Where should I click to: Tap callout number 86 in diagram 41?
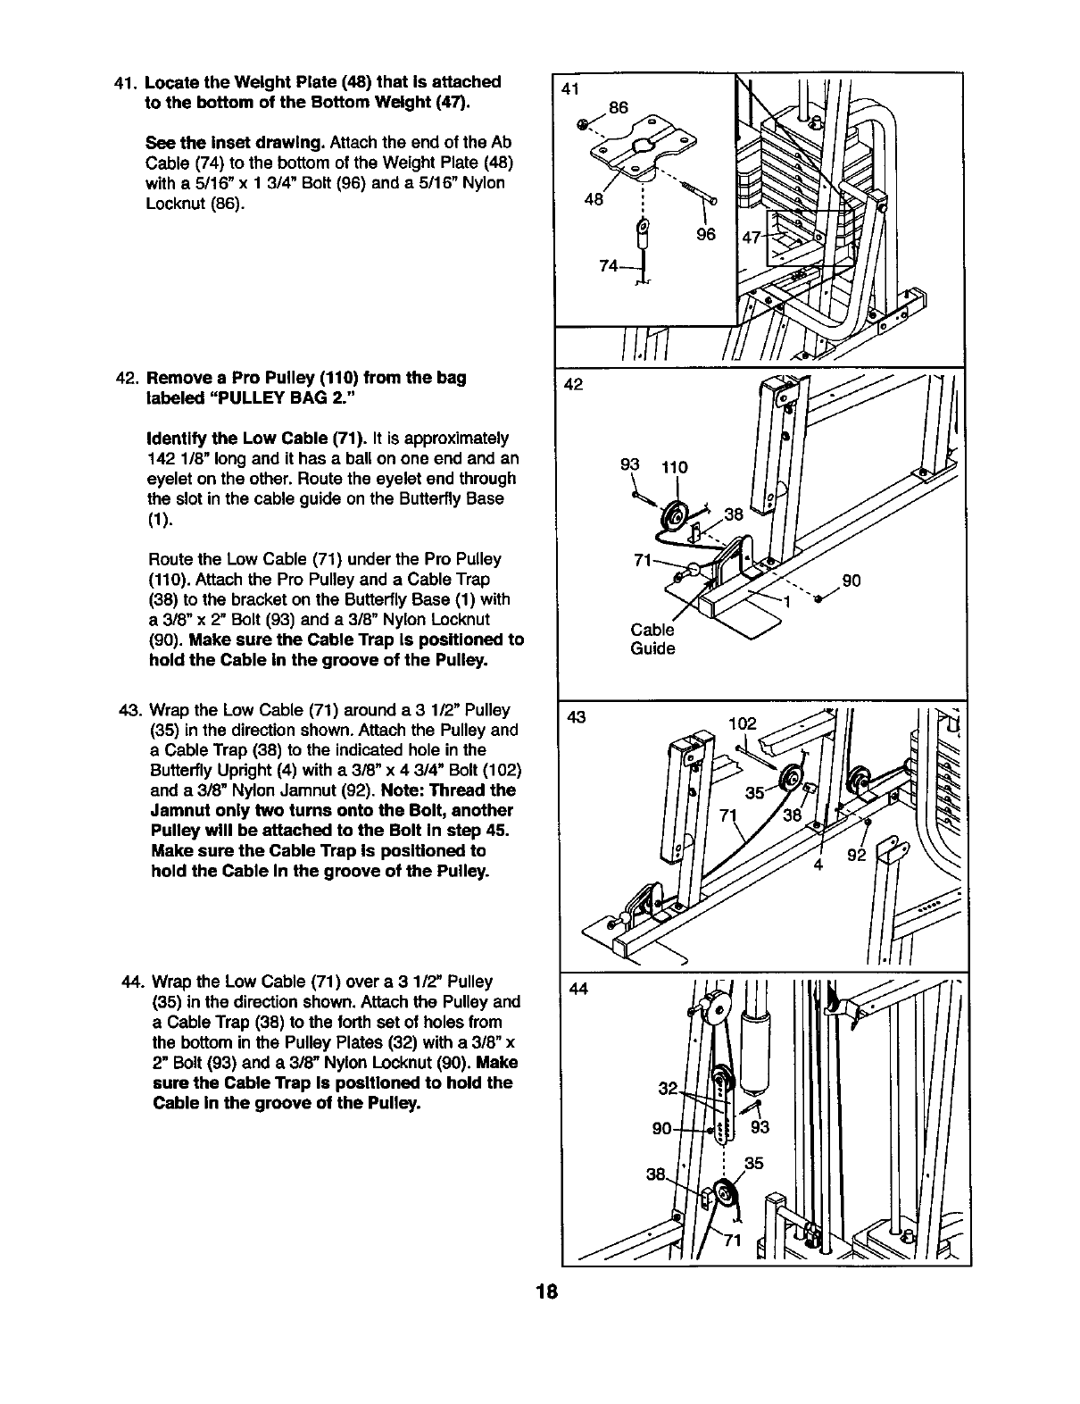coord(619,108)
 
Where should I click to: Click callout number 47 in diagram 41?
coord(753,237)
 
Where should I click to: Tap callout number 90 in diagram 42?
coord(852,581)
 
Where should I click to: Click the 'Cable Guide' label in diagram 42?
coord(652,639)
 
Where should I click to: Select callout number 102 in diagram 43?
coord(742,724)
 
